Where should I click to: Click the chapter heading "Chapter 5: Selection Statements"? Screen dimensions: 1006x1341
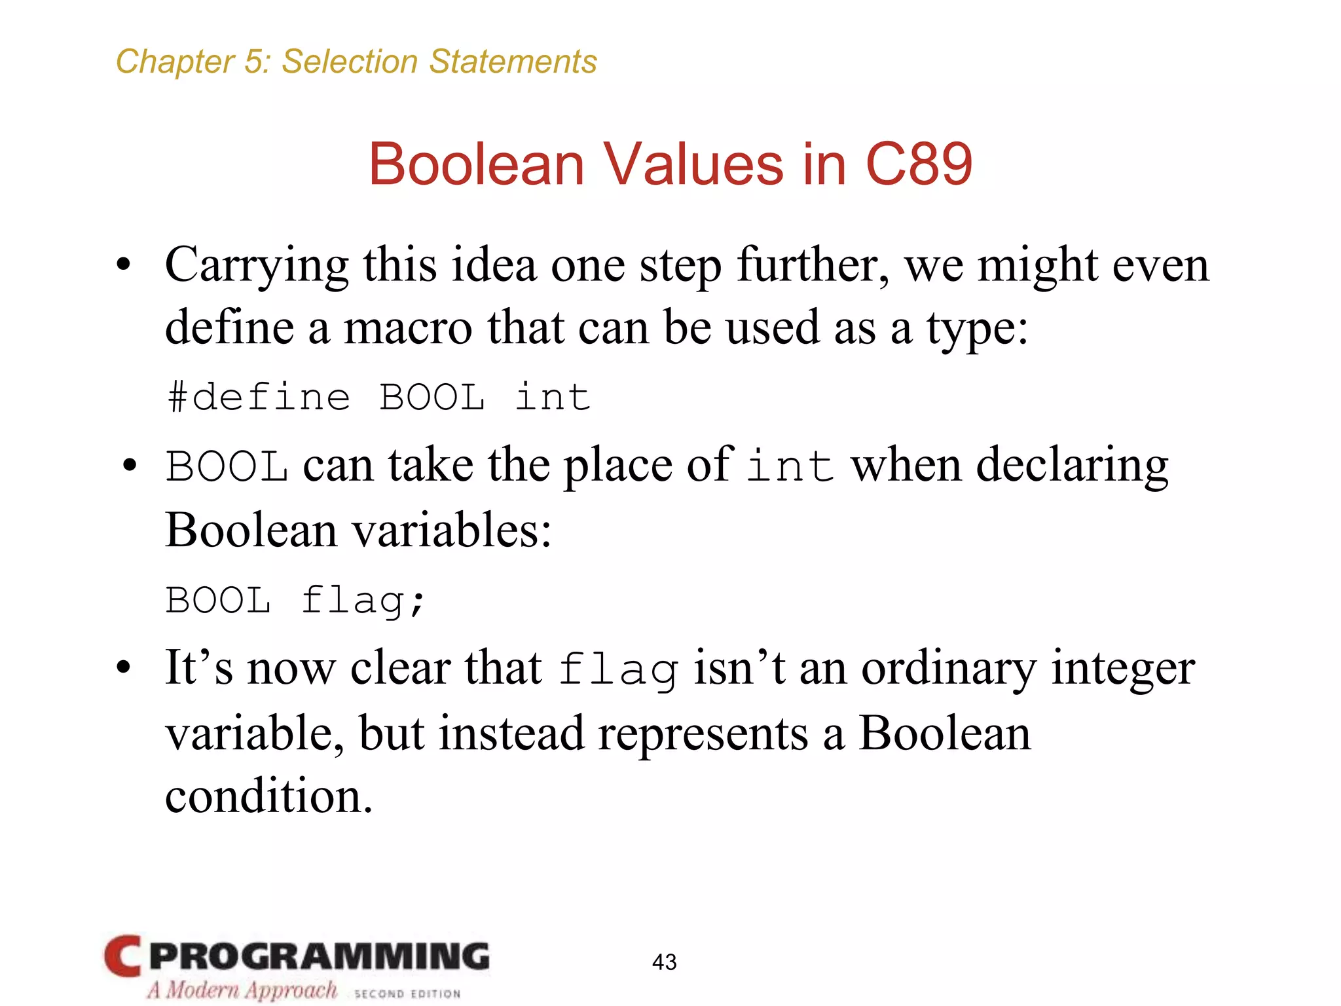click(356, 62)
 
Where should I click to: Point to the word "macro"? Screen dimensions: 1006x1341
click(407, 327)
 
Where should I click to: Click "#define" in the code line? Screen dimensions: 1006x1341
click(259, 398)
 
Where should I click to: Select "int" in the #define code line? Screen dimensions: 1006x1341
click(553, 398)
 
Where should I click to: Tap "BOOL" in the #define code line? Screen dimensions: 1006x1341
click(432, 398)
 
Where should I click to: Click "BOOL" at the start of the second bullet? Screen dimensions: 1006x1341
click(227, 467)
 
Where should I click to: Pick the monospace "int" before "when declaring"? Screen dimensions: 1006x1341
click(790, 467)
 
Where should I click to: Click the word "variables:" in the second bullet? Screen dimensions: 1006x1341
click(452, 531)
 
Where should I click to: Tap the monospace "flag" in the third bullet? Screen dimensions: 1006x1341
click(618, 670)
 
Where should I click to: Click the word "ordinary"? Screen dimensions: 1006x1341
click(949, 669)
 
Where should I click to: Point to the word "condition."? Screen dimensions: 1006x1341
click(268, 796)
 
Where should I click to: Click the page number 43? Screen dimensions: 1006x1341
click(664, 962)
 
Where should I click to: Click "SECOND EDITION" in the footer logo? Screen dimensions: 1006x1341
click(407, 994)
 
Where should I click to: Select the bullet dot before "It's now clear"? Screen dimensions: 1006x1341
click(124, 669)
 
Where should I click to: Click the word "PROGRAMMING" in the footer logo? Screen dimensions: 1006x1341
click(319, 956)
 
